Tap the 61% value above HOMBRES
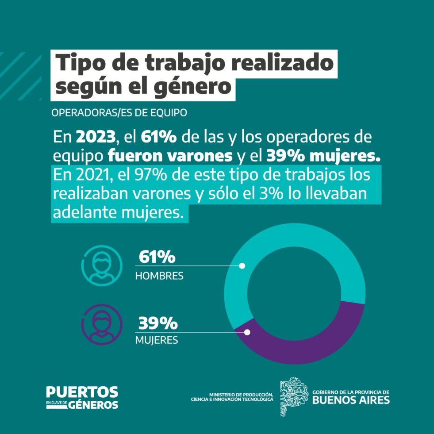tap(157, 257)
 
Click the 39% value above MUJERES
tap(158, 323)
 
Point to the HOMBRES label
tap(159, 276)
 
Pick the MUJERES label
tap(156, 340)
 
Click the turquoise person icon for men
tap(102, 265)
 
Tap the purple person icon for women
tap(102, 324)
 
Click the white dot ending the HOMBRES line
tap(242, 266)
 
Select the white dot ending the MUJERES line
tap(247, 332)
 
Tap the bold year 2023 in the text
tap(96, 137)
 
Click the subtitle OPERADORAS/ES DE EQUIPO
tap(119, 113)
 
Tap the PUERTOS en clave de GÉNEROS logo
tap(82, 397)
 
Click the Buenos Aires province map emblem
tap(293, 397)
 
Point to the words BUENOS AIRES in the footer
tap(351, 399)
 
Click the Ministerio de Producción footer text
tap(232, 397)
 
